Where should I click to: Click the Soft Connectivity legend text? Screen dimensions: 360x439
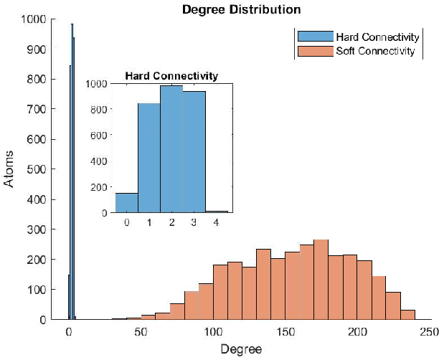click(375, 51)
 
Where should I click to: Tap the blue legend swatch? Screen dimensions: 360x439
click(315, 37)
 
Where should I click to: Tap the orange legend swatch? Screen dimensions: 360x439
click(315, 51)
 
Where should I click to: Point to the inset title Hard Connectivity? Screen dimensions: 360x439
click(171, 75)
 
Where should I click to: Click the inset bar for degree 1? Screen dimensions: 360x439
click(148, 158)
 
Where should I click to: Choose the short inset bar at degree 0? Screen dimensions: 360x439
click(126, 203)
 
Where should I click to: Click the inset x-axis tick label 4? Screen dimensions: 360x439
click(217, 223)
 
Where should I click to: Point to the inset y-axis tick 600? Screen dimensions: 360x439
click(99, 136)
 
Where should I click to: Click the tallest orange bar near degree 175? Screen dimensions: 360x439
click(321, 280)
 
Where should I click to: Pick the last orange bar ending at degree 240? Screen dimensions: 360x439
click(408, 314)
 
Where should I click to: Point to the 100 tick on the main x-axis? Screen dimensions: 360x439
click(213, 333)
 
